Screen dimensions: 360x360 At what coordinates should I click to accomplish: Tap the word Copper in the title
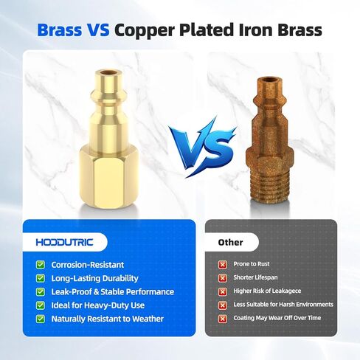145,31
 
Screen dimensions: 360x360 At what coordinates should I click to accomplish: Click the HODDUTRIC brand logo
65,242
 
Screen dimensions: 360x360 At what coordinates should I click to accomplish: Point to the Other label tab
231,242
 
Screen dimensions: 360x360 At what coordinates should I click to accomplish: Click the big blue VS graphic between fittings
202,146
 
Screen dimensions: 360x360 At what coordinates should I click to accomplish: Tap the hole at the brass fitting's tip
108,73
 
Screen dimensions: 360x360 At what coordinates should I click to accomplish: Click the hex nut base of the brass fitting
108,176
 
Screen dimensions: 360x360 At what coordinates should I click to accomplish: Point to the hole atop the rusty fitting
269,80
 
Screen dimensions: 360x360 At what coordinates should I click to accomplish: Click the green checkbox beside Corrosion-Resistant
41,265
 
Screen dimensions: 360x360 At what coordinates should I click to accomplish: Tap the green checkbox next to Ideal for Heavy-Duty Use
41,305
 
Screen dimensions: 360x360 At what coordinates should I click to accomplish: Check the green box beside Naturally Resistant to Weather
41,319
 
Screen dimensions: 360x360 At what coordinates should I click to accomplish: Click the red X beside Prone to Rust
223,265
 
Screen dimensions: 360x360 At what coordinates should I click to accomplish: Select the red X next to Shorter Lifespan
223,278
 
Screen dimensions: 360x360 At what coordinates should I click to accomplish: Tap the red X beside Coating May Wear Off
223,319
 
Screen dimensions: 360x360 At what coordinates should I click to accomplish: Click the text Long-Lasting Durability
94,279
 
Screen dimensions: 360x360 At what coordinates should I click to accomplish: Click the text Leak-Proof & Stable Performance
113,292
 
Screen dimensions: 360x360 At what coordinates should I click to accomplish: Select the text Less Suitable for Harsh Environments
283,305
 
